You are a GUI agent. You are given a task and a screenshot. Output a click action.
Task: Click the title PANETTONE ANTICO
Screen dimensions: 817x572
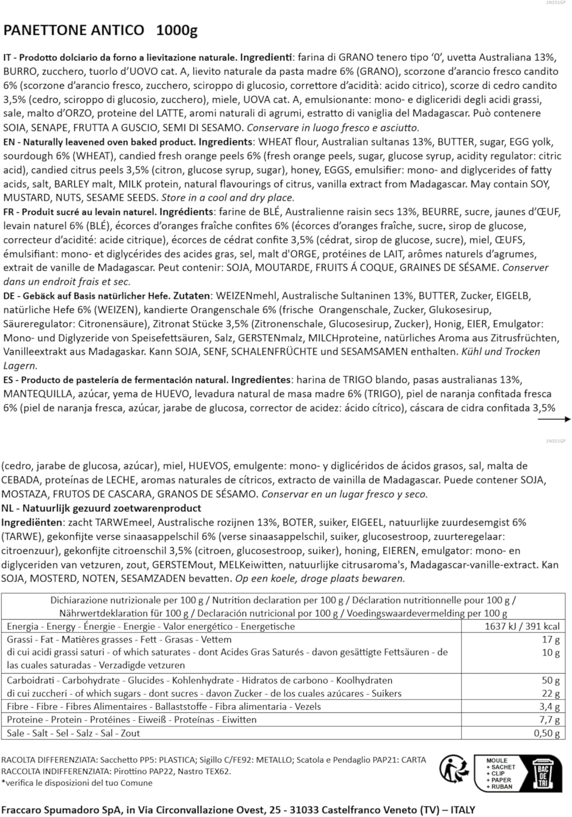[74, 31]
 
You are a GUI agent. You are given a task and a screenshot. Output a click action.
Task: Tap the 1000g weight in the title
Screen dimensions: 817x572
[177, 31]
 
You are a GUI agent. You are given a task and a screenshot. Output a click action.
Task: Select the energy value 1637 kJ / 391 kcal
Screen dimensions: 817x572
[522, 626]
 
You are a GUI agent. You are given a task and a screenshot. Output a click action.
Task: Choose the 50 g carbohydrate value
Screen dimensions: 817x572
[551, 680]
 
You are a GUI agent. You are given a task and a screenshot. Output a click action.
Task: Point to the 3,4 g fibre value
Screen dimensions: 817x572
[549, 706]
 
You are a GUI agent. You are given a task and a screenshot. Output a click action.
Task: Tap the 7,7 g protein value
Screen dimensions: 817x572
[549, 720]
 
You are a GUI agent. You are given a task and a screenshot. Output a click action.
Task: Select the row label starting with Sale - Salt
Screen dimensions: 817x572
[73, 733]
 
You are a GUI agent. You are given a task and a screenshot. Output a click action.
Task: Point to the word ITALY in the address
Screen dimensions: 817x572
[462, 810]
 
